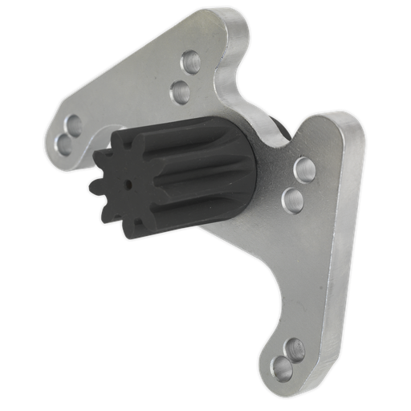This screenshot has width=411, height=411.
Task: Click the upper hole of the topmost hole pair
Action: [192, 60]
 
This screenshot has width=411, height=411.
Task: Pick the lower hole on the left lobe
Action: [63, 143]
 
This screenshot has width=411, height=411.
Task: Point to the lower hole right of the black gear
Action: [294, 197]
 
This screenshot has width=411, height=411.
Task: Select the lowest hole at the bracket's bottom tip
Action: [281, 369]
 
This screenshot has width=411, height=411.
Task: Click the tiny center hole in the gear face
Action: [127, 183]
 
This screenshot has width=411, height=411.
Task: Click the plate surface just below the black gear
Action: [225, 241]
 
